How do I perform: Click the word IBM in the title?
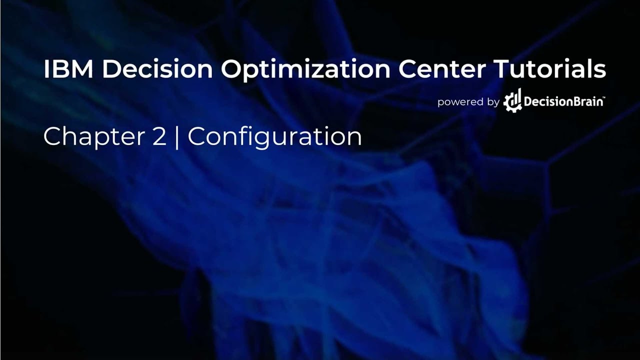click(x=68, y=69)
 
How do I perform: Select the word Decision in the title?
click(x=157, y=69)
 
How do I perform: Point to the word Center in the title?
click(x=440, y=69)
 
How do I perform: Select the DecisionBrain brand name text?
click(x=562, y=101)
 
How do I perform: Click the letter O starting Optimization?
click(x=232, y=69)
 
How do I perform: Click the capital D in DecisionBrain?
click(x=527, y=101)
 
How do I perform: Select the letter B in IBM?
click(x=61, y=69)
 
